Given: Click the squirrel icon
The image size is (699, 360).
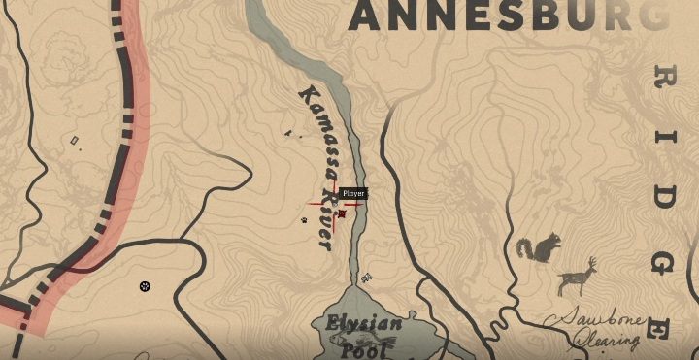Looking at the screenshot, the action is point(539,249).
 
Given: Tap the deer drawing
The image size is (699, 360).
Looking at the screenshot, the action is point(577,278).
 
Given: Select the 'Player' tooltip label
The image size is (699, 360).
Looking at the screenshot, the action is point(353,194).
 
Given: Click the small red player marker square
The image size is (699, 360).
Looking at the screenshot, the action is point(342,215).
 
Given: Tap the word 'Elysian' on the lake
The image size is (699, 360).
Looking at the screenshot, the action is point(358,323).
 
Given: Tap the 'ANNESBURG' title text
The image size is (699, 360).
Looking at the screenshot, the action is point(505,16).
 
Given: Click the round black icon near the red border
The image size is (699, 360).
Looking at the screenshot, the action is point(145,286).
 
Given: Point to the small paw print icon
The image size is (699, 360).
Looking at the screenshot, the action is point(304,220).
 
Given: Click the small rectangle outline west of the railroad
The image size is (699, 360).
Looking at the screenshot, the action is point(75,142).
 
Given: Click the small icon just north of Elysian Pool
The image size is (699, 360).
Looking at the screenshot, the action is point(366,278).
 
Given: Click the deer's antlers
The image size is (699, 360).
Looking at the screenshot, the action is point(591,264).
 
